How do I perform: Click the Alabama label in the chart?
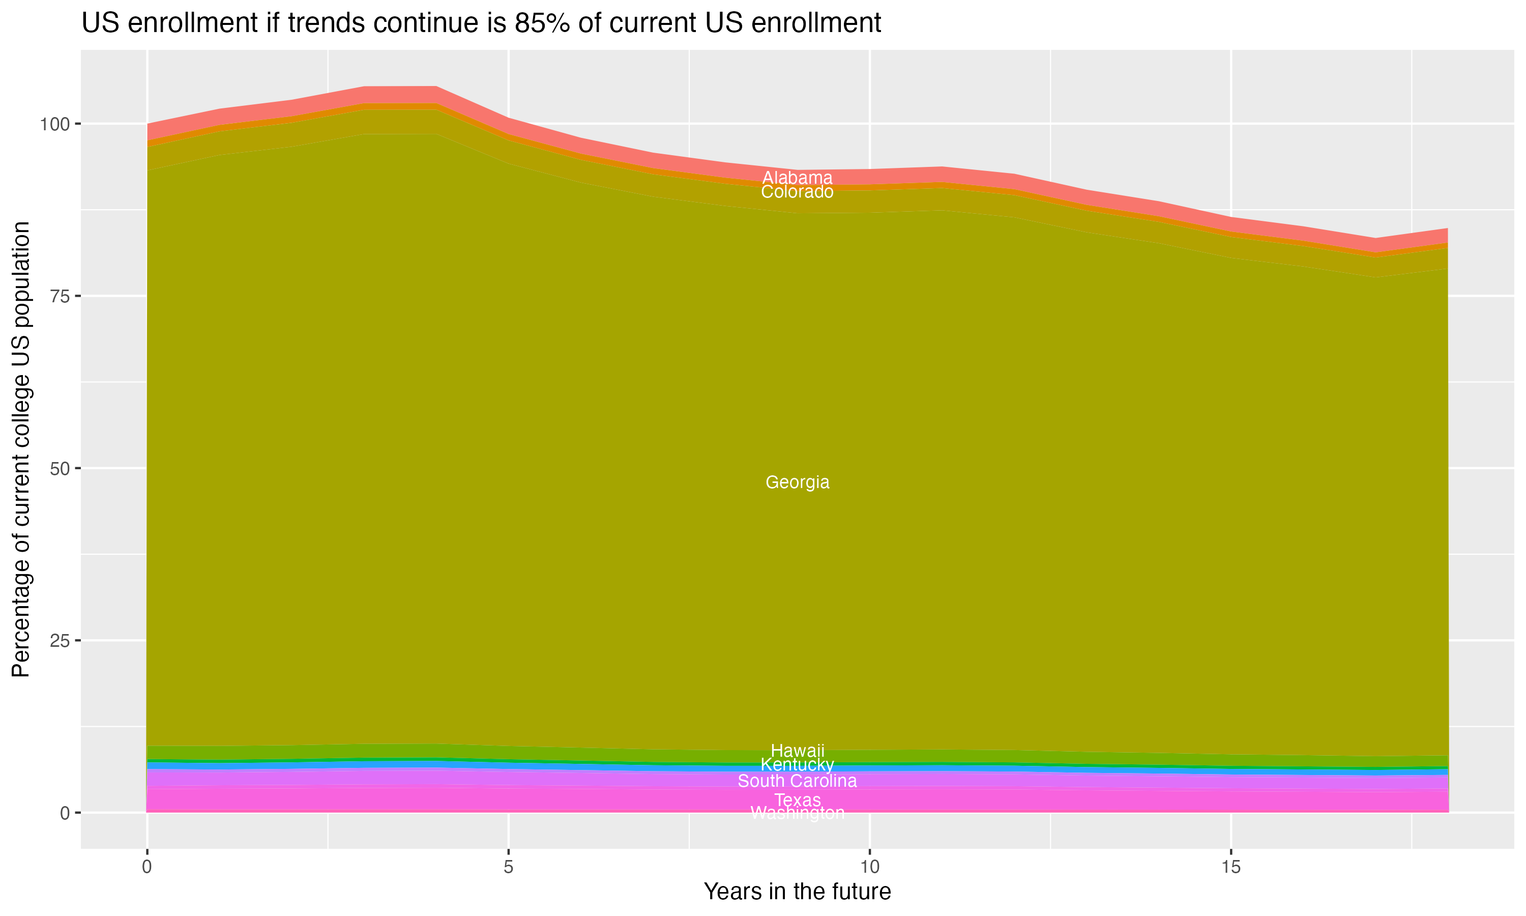pyautogui.click(x=797, y=178)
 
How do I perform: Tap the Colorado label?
pyautogui.click(x=797, y=192)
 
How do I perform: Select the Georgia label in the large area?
pyautogui.click(x=797, y=482)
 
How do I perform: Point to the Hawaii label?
pyautogui.click(x=797, y=751)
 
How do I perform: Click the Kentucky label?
pyautogui.click(x=797, y=765)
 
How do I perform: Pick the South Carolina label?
pyautogui.click(x=797, y=781)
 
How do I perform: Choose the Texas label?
pyautogui.click(x=797, y=800)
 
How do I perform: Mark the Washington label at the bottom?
pyautogui.click(x=797, y=813)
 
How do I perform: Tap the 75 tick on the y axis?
pyautogui.click(x=58, y=296)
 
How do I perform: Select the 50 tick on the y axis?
pyautogui.click(x=58, y=469)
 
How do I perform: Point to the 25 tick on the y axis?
pyautogui.click(x=58, y=641)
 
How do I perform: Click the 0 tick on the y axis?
pyautogui.click(x=64, y=813)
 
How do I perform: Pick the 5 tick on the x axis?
pyautogui.click(x=508, y=867)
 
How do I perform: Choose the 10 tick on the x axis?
pyautogui.click(x=869, y=867)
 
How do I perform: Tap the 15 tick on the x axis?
pyautogui.click(x=1230, y=867)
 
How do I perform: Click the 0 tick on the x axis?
pyautogui.click(x=147, y=867)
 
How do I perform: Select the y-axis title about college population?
pyautogui.click(x=21, y=449)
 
